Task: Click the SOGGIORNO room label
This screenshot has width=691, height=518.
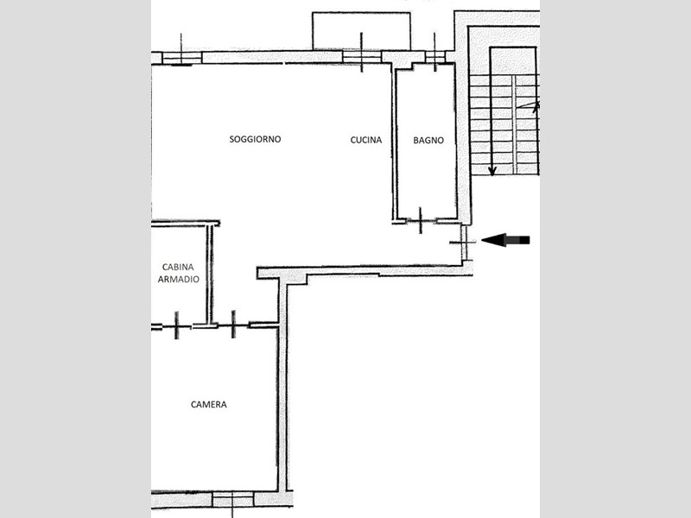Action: [255, 139]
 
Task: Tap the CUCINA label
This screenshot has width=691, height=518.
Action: [365, 140]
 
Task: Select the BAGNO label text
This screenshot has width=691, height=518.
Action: [428, 141]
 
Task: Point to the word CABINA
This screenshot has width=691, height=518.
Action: [178, 267]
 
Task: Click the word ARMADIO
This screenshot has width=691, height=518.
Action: [179, 279]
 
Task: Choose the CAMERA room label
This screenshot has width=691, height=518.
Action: [209, 404]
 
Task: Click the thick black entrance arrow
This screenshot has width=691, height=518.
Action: [505, 240]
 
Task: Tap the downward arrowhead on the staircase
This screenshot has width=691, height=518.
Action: [492, 171]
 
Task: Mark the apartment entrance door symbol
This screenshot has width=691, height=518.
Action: [463, 243]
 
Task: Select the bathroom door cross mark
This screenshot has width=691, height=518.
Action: [421, 220]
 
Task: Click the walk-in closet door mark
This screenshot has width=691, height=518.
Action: [177, 325]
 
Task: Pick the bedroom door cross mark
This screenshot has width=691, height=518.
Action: [233, 325]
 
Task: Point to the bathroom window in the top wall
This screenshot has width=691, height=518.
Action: [435, 57]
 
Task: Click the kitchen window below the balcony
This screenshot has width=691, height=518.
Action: [362, 57]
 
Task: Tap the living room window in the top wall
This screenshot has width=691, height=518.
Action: [181, 58]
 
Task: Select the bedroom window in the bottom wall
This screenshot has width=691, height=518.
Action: [232, 499]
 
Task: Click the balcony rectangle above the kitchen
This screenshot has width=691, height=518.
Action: [361, 31]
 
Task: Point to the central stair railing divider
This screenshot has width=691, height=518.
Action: [514, 124]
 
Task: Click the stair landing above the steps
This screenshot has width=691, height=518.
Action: [513, 60]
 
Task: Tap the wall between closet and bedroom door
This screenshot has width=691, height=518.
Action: [205, 326]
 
